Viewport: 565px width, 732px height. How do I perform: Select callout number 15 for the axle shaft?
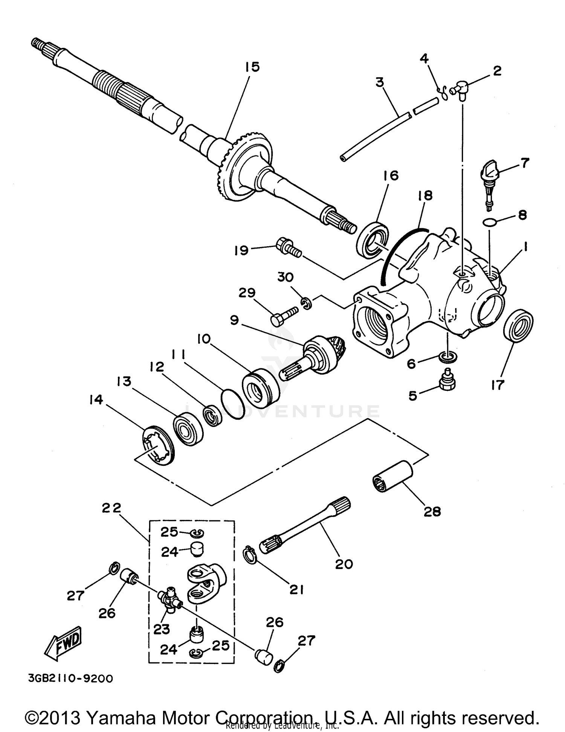tap(252, 67)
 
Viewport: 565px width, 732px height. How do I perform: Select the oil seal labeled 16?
tap(373, 240)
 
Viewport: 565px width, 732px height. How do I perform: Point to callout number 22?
tap(112, 508)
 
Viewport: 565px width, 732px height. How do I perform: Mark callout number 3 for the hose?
tap(379, 82)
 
